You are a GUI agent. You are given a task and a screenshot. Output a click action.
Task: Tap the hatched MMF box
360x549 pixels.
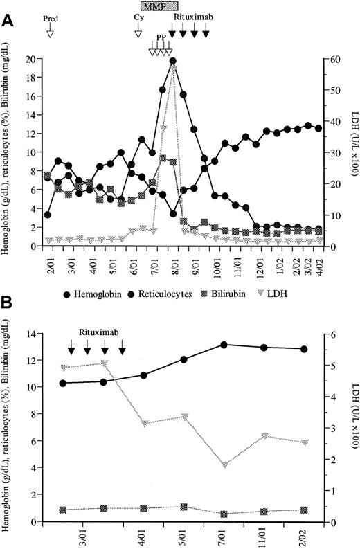(160, 6)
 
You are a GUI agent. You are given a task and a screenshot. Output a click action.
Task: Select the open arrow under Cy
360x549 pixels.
(137, 31)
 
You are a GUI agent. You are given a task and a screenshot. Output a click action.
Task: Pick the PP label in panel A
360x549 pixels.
(161, 37)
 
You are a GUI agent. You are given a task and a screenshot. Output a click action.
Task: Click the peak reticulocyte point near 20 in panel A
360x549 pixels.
(172, 61)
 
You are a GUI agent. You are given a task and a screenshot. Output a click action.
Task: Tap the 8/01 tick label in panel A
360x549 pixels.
(173, 260)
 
